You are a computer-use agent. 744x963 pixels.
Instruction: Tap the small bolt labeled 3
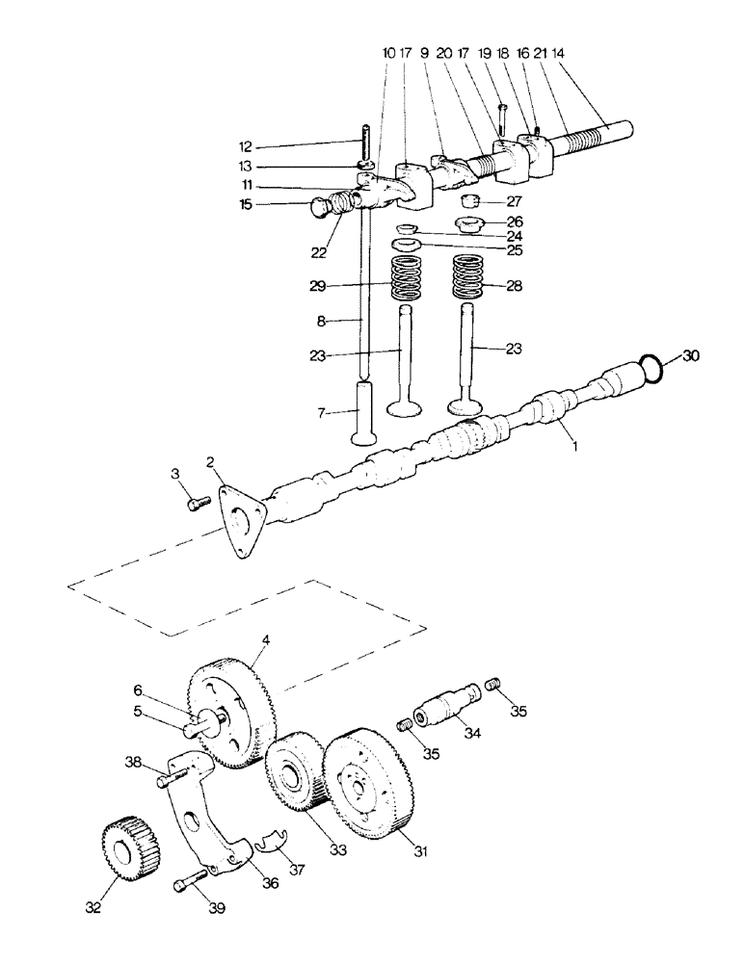point(199,504)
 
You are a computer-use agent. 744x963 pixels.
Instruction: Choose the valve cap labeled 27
point(469,200)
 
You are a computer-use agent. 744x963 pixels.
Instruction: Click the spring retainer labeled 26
point(470,224)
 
